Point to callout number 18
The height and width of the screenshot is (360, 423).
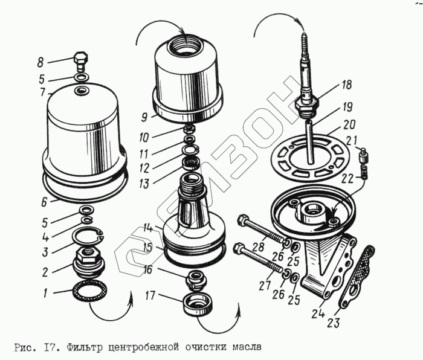(x=346, y=85)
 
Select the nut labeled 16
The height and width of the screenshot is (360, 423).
(x=195, y=278)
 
